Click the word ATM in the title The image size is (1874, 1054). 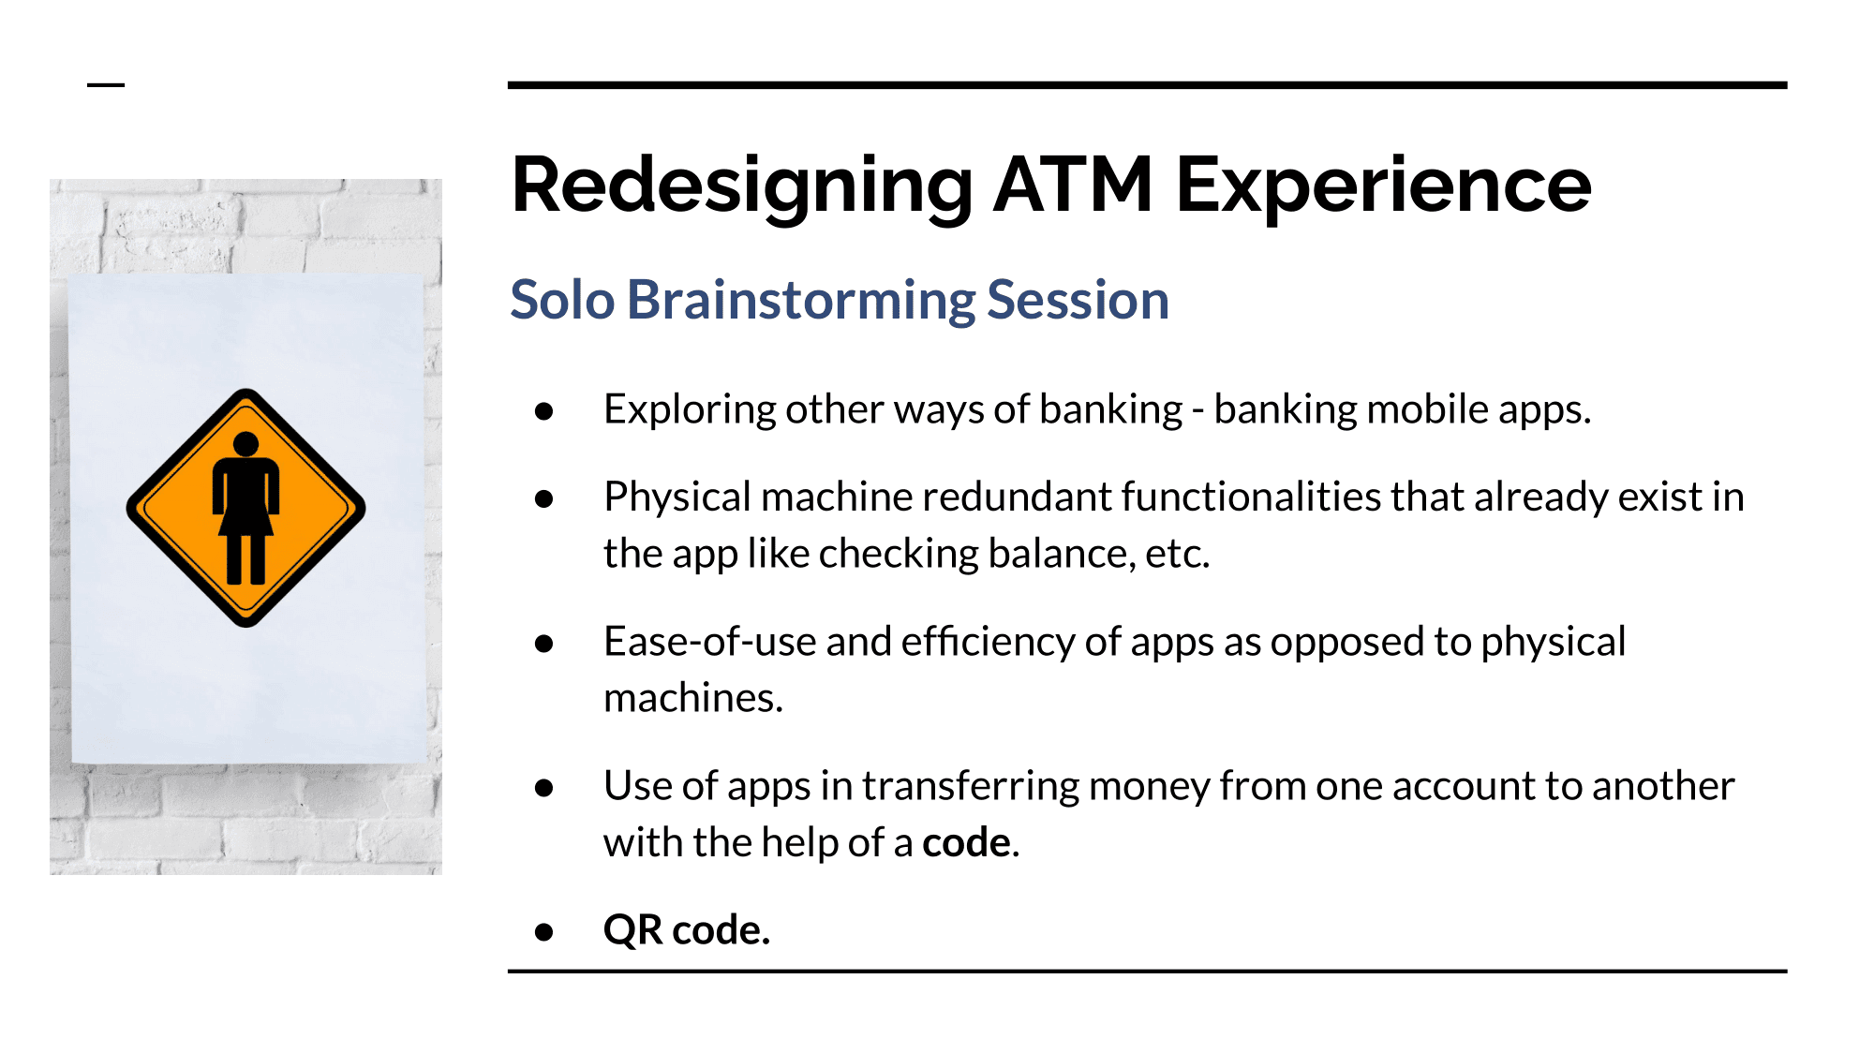pyautogui.click(x=1073, y=185)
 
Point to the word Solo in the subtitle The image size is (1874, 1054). pyautogui.click(x=562, y=300)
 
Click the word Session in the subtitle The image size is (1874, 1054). pyautogui.click(x=1078, y=300)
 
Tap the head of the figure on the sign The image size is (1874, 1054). pyautogui.click(x=245, y=443)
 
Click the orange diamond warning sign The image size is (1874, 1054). pyautogui.click(x=245, y=508)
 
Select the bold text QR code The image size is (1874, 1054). pyautogui.click(x=687, y=929)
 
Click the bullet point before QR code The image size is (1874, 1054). pyautogui.click(x=543, y=931)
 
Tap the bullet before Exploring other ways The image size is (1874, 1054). pyautogui.click(x=543, y=410)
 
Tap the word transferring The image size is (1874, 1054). pyautogui.click(x=970, y=787)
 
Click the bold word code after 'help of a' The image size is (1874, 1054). pyautogui.click(x=966, y=843)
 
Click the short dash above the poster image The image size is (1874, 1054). pyautogui.click(x=106, y=85)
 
